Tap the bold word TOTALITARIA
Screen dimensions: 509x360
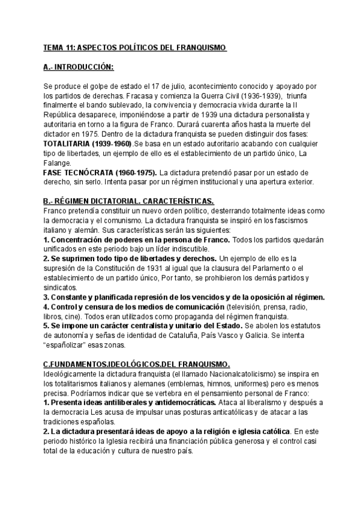(x=71, y=146)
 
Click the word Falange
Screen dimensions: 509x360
(x=58, y=163)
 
